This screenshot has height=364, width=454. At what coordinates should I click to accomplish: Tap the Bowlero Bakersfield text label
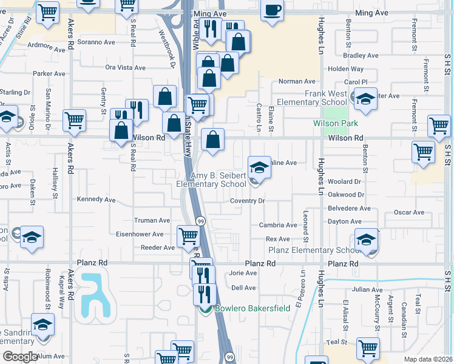pos(252,308)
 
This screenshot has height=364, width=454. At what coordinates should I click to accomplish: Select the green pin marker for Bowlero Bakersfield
pos(205,309)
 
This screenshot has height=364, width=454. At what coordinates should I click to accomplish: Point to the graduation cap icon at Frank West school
pos(365,100)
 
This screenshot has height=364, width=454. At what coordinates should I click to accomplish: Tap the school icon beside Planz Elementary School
pos(367,240)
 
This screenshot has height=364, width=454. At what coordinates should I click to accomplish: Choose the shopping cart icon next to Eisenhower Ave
pos(188,237)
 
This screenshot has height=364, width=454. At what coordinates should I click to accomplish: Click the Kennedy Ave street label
pos(96,199)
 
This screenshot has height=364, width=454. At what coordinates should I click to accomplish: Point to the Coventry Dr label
pos(248,201)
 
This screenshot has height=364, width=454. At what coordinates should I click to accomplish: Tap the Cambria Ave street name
pos(278,225)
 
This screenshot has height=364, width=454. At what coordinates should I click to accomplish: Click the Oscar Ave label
pos(409,212)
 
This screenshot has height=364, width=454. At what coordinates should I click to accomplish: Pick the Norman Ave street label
pos(297,81)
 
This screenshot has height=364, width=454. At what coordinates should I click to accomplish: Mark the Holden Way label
pos(345,69)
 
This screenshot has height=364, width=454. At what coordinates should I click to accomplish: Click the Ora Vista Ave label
pos(127,68)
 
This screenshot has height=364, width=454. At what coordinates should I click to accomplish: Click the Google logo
pos(20,357)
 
